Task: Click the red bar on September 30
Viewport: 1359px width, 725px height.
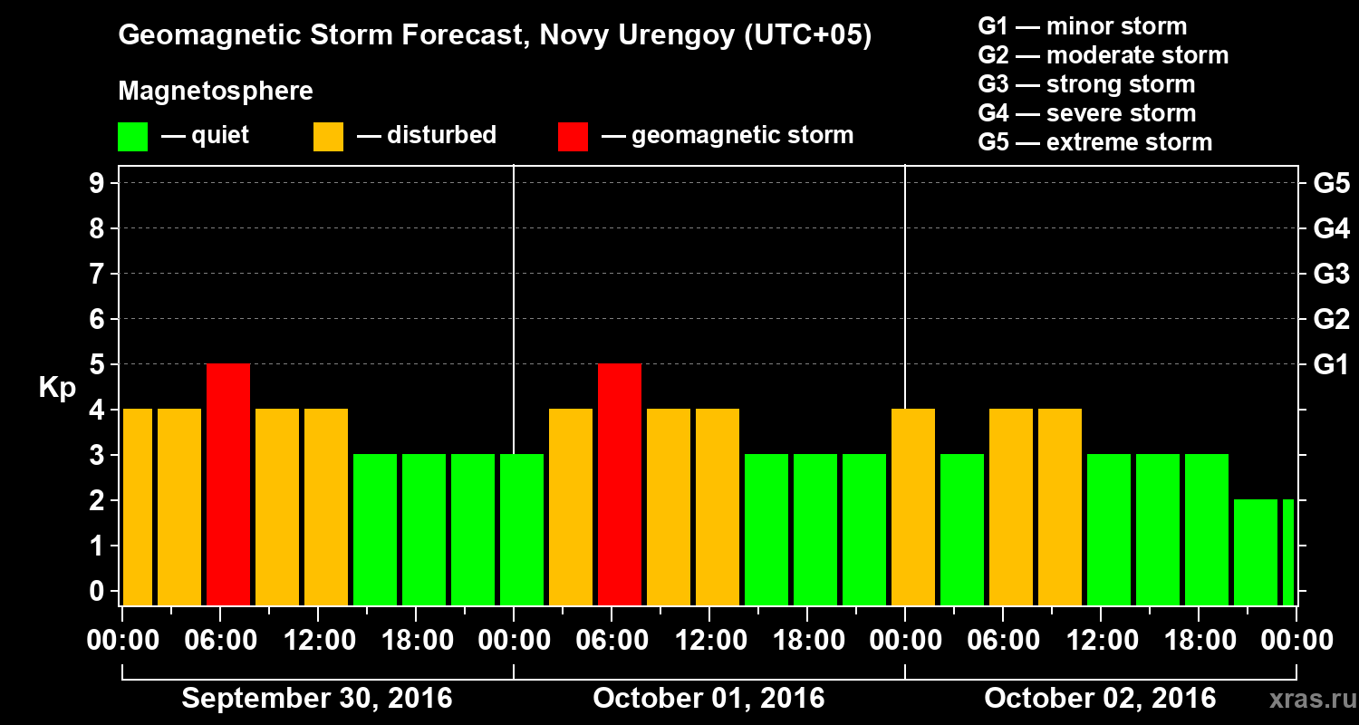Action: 228,484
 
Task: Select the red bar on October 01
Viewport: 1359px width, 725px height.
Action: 620,484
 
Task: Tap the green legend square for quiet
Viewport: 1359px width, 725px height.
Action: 132,136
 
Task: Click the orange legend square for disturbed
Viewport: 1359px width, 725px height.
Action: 328,136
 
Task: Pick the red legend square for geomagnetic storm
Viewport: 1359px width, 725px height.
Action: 573,136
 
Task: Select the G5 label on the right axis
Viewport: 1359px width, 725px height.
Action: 1331,184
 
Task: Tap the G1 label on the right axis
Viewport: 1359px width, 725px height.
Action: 1331,365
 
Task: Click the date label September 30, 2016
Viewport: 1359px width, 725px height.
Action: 317,699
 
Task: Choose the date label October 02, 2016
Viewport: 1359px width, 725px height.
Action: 1100,699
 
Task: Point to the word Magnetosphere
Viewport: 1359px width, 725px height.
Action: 216,92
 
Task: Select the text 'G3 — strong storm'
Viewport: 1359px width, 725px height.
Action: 1086,84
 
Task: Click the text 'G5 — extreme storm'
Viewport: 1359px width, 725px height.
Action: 1094,142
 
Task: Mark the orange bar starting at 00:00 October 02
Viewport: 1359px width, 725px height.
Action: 913,507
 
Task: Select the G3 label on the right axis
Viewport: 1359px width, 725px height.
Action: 1331,275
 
